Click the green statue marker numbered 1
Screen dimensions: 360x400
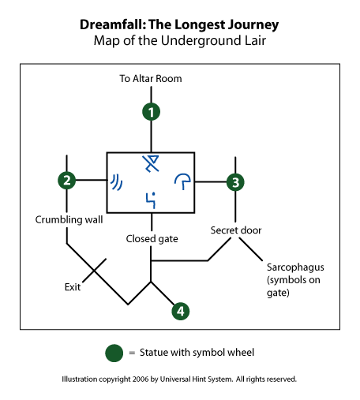pos(151,112)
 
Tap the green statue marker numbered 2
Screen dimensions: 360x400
pos(67,180)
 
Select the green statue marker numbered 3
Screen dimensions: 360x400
pos(235,182)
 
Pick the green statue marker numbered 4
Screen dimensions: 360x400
pos(181,311)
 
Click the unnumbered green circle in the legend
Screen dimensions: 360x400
pos(114,353)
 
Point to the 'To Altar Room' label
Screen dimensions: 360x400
pos(151,79)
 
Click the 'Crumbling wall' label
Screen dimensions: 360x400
pos(69,219)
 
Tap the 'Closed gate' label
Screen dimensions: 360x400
pos(152,239)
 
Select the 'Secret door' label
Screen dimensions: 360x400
pos(236,230)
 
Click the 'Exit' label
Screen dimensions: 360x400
pos(73,287)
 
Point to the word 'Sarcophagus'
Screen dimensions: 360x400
pos(295,267)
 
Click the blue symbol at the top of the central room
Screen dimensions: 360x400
pos(151,163)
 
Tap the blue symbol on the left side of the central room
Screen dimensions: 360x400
pos(116,182)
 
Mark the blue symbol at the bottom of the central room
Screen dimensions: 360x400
pos(151,200)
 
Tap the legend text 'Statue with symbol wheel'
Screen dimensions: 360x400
pos(197,353)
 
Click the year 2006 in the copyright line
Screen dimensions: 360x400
pos(141,379)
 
